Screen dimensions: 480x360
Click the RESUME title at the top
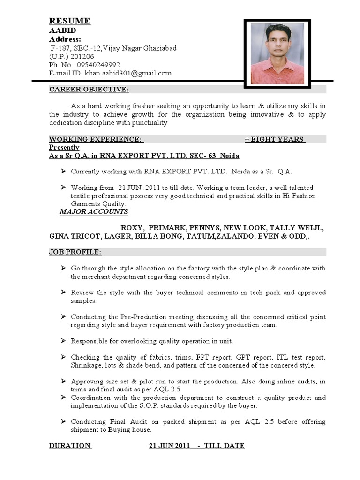tap(70, 21)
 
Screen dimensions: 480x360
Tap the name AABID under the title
tap(62, 30)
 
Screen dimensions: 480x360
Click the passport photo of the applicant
tap(277, 54)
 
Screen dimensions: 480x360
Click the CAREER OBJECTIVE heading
tap(89, 90)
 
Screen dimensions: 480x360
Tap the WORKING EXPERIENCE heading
tap(96, 139)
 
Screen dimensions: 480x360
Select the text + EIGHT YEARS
tap(274, 139)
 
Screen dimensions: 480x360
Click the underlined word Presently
tap(64, 147)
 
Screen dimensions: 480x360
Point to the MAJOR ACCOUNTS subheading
tap(94, 211)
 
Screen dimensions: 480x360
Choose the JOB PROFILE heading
tap(75, 252)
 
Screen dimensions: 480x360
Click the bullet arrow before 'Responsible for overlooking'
tap(63, 340)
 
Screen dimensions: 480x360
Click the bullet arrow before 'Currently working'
tap(63, 171)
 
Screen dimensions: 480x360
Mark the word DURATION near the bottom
tap(70, 445)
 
